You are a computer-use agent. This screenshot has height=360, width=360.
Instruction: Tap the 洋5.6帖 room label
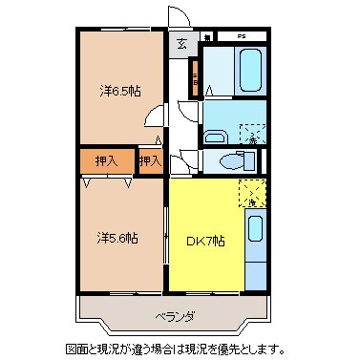[x=117, y=238]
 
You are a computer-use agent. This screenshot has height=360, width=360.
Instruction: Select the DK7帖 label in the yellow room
[x=204, y=240]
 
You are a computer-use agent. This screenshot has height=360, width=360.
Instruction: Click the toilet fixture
[x=230, y=160]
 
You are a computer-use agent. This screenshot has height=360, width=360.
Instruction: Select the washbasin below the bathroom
[x=219, y=134]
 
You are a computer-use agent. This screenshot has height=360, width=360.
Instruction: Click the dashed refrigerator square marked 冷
[x=250, y=194]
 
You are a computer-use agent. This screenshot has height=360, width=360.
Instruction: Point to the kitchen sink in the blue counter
[x=255, y=230]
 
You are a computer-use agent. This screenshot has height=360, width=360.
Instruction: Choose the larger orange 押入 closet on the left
[x=105, y=161]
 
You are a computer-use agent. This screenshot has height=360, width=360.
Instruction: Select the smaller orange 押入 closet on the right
[x=149, y=161]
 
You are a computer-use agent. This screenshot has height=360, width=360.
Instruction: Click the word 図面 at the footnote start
[x=75, y=349]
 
